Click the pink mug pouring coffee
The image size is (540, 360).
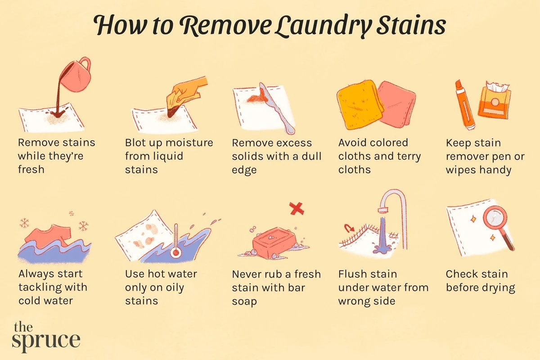coord(76,75)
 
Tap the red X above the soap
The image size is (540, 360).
coord(297,208)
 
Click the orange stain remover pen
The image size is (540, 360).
coord(464,105)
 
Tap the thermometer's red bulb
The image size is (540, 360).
coord(176,253)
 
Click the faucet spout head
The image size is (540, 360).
coord(383,211)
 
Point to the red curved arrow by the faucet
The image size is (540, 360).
coord(349,228)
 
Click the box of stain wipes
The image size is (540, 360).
coord(495,101)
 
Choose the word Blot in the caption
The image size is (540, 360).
coord(135,143)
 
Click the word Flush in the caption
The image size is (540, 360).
coord(351,274)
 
